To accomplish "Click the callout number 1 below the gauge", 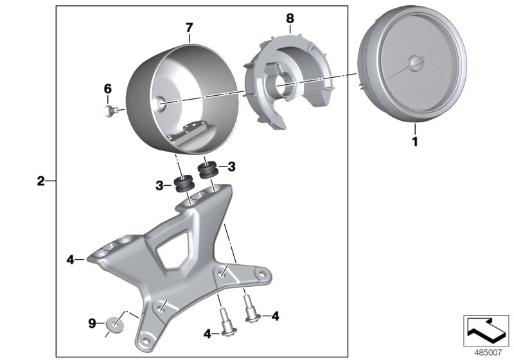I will (414, 139).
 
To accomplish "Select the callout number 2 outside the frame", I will (40, 181).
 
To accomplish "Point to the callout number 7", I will (188, 27).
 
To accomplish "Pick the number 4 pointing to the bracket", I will (70, 260).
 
